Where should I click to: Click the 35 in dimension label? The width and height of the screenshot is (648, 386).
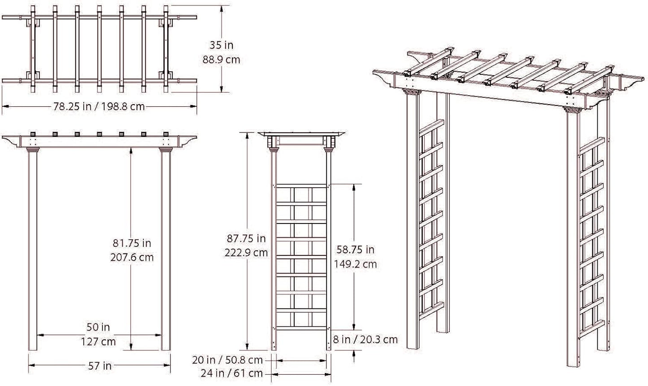coord(222,45)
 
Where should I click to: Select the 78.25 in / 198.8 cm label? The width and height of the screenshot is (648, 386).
coord(100,107)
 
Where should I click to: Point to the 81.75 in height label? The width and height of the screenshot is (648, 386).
coord(132,243)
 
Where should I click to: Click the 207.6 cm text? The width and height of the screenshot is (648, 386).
coord(132,257)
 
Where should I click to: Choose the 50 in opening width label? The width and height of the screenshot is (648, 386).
coord(99,327)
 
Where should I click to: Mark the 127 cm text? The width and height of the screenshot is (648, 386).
coord(99,341)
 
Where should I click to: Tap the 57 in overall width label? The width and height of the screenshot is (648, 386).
coord(99,366)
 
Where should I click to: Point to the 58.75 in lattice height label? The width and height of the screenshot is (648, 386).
coord(354,250)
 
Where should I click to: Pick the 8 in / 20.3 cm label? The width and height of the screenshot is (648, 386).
coord(365,339)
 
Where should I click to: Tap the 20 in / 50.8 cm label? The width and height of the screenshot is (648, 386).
coord(227,360)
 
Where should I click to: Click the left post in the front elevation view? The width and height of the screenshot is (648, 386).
coord(33,251)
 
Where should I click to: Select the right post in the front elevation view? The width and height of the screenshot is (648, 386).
coord(166,251)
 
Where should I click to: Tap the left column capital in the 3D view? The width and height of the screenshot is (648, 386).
coord(411,92)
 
